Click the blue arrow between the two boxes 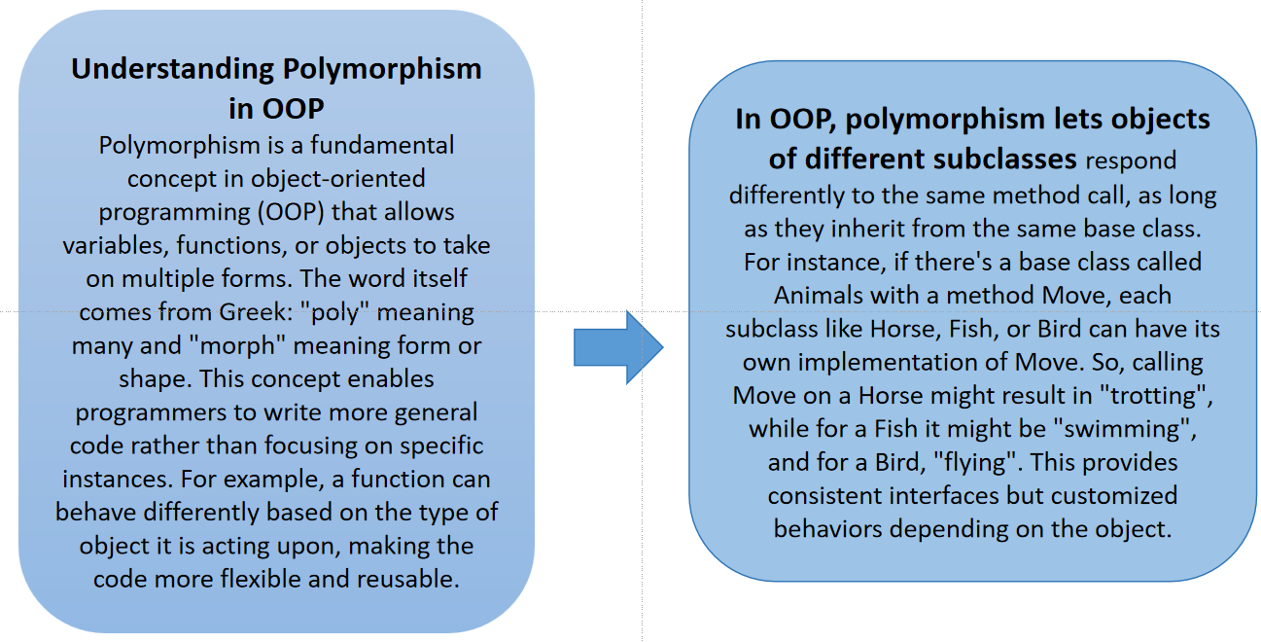(618, 347)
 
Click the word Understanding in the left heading (173, 69)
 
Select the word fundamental (382, 145)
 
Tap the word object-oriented (337, 179)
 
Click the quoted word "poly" (334, 312)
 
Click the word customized (1114, 496)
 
